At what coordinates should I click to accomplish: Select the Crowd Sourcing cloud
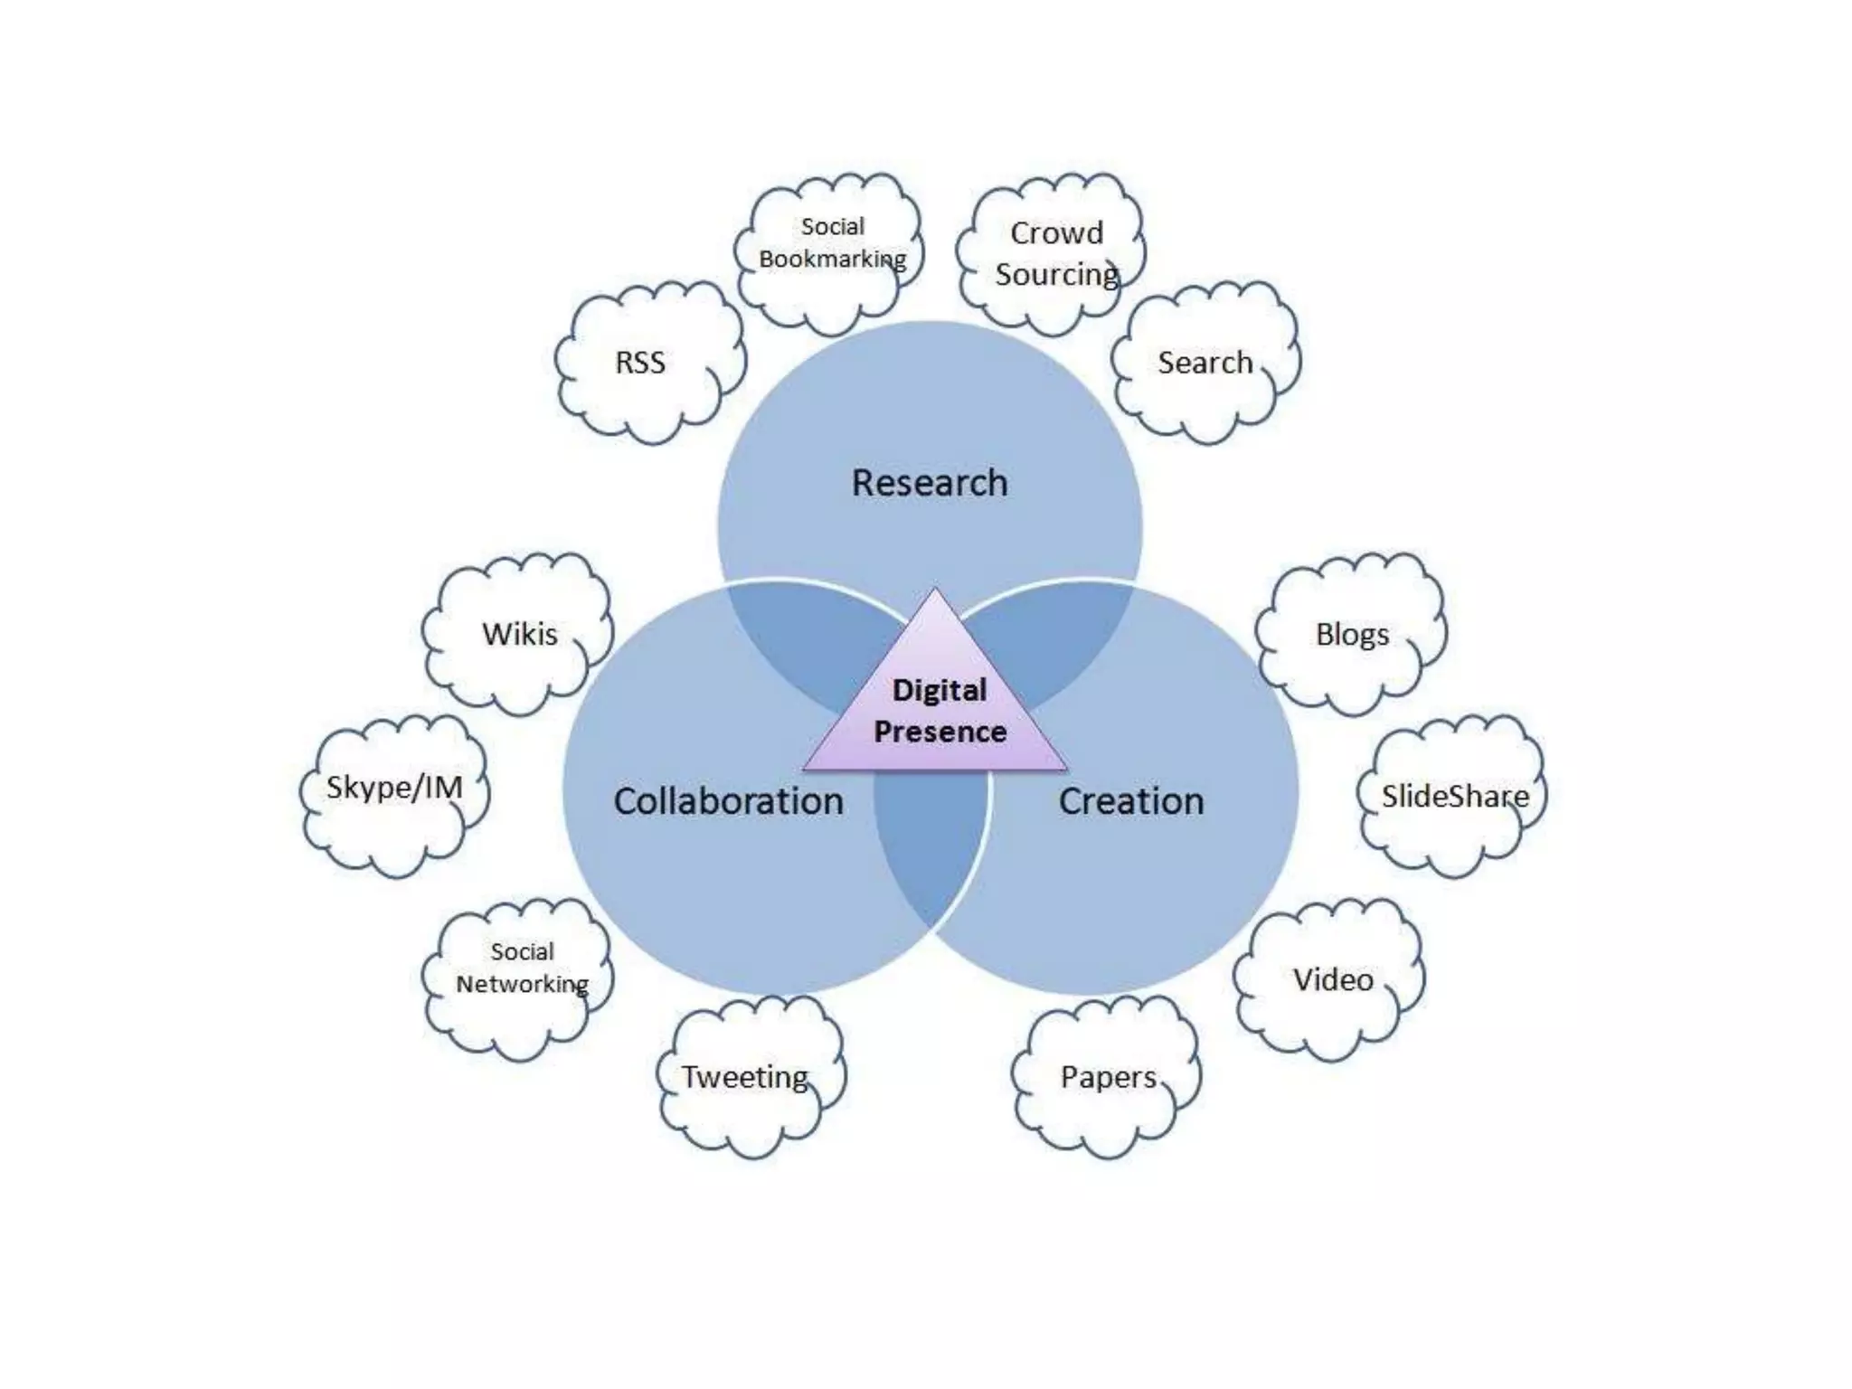[x=1054, y=253]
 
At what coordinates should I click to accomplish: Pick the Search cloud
[x=1205, y=362]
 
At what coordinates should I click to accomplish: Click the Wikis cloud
[x=519, y=633]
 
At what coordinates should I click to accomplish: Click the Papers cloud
[x=1108, y=1076]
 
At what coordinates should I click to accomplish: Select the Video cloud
[x=1332, y=979]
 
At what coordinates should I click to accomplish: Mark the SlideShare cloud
[x=1454, y=796]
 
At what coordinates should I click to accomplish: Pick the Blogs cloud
[x=1352, y=633]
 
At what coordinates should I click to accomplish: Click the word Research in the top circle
[x=930, y=482]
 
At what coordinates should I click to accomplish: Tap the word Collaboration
[x=728, y=800]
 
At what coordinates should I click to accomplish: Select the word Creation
[x=1131, y=800]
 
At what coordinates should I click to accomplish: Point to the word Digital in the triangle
[x=939, y=690]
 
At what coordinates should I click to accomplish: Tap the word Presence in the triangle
[x=940, y=731]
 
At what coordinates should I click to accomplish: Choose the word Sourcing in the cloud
[x=1056, y=273]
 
